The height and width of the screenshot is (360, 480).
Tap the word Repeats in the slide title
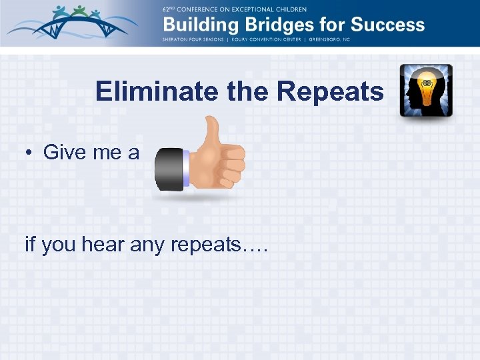tap(331, 92)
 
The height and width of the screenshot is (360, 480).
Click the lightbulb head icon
tap(426, 91)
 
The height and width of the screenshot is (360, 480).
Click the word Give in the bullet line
tap(62, 153)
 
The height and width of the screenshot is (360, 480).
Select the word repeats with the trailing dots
tap(219, 246)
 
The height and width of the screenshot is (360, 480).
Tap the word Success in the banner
tap(387, 25)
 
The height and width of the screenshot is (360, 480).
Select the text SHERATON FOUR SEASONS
tap(197, 39)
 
